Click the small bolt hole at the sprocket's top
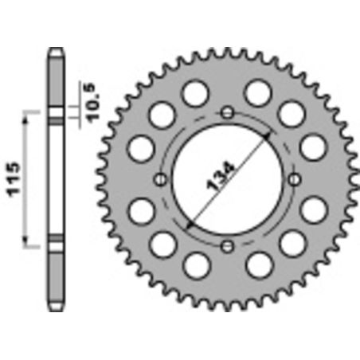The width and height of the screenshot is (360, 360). [x=228, y=111]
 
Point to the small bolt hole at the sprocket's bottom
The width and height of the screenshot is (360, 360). [x=228, y=245]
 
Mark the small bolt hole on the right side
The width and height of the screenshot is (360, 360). [x=295, y=178]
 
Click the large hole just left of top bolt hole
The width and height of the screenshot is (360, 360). [x=195, y=94]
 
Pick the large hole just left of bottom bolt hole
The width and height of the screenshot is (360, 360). [x=195, y=263]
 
